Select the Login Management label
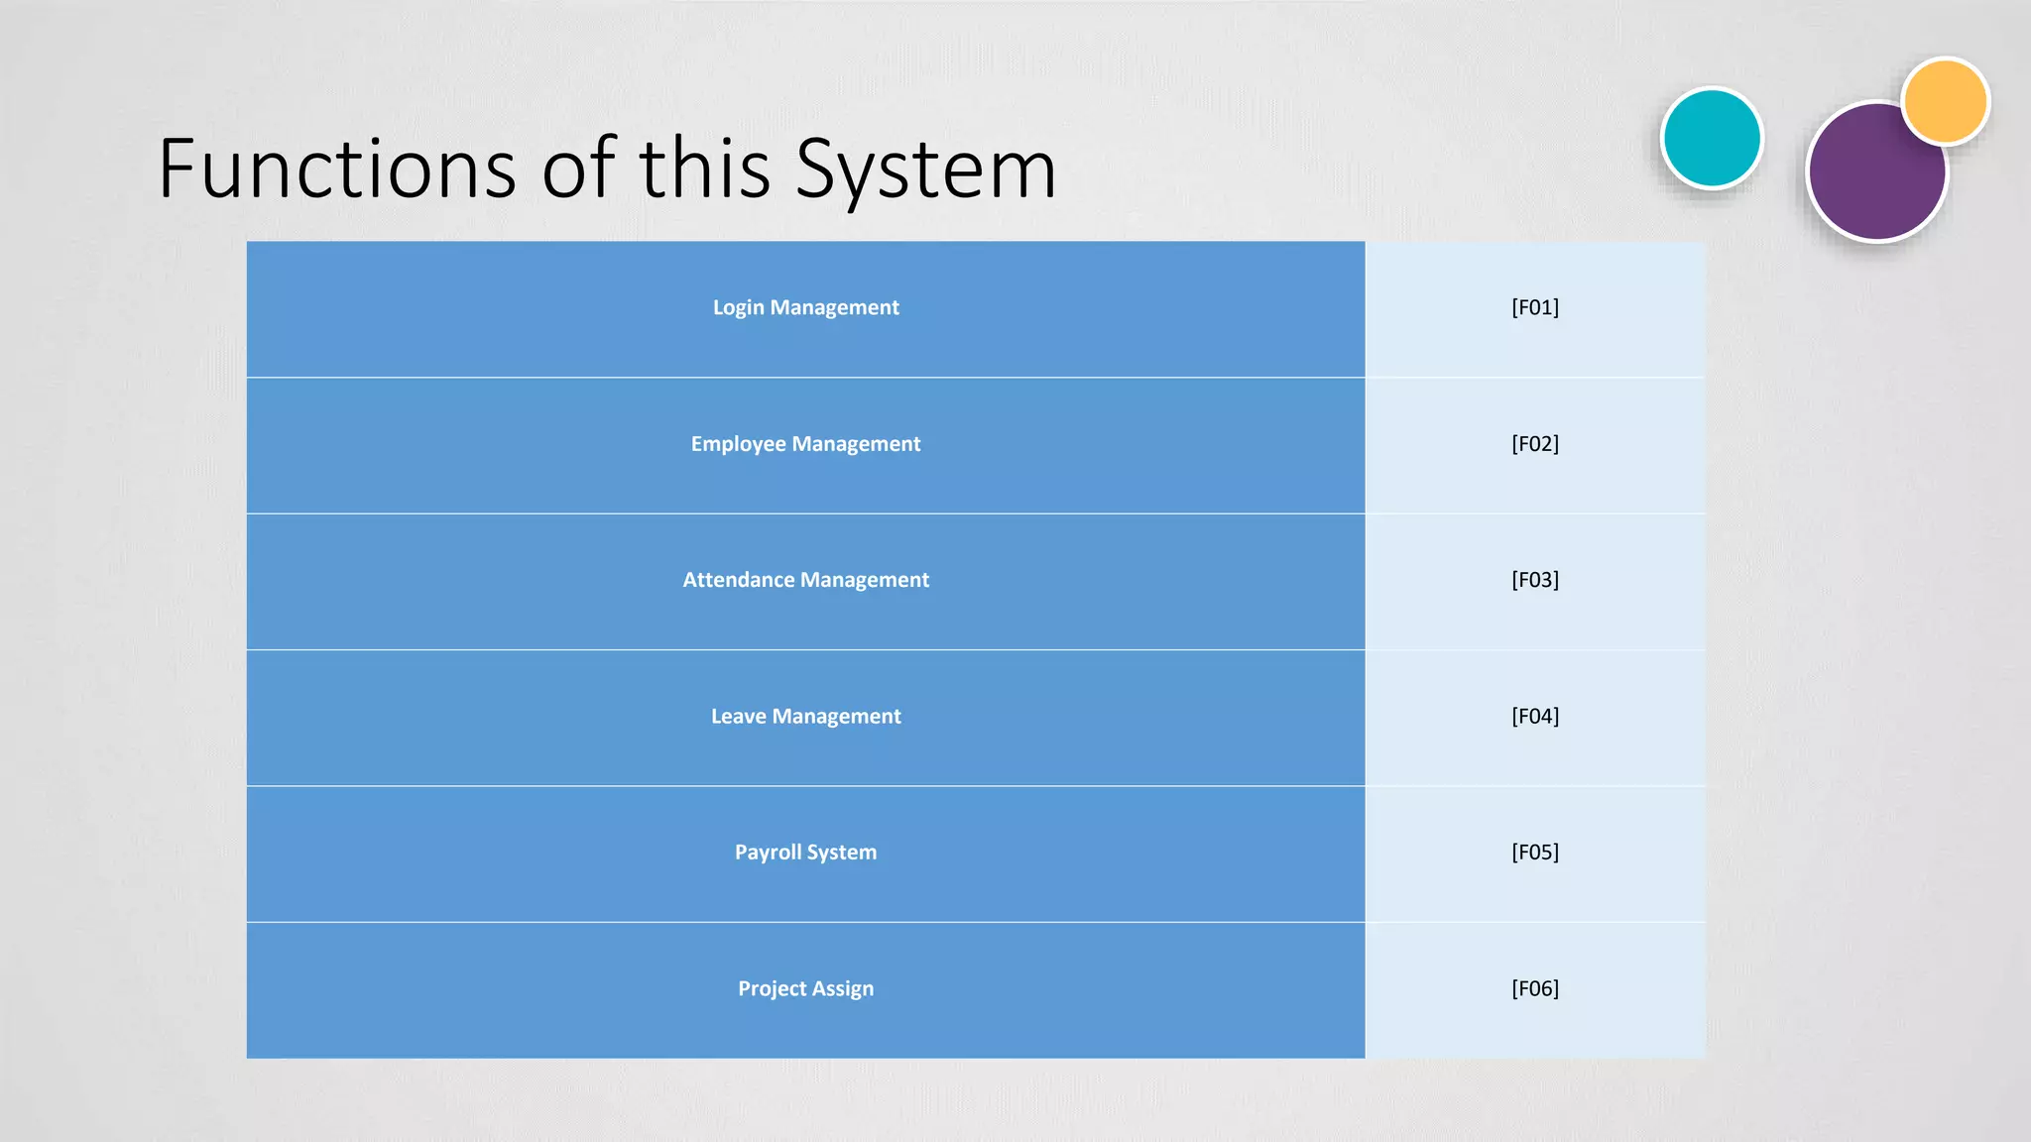pos(805,307)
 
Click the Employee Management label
pos(805,444)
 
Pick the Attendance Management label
pos(805,580)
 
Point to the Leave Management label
pos(805,716)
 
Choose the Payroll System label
pos(805,853)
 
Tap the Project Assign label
pos(805,988)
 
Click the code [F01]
pos(1535,307)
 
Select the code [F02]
pos(1535,444)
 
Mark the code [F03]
pos(1535,580)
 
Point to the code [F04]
pos(1535,716)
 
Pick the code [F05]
pos(1535,853)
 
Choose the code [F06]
pos(1535,988)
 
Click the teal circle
pos(1712,138)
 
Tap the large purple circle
pos(1869,178)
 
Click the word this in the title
pos(704,169)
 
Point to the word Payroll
pos(767,853)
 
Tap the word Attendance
pos(738,580)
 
